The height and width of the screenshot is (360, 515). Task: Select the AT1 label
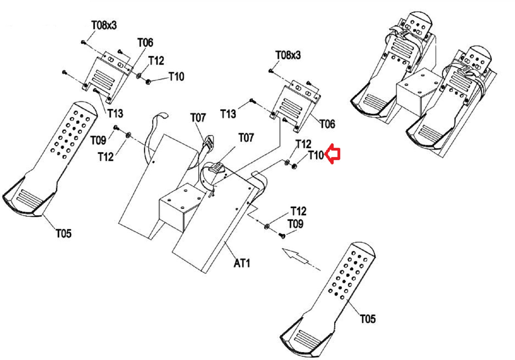[x=242, y=263]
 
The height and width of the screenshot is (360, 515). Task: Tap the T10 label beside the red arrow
[x=316, y=155]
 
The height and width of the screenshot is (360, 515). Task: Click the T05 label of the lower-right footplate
[x=368, y=319]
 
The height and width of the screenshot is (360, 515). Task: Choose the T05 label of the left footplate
[x=64, y=233]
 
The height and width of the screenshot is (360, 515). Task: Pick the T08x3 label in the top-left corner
[x=104, y=25]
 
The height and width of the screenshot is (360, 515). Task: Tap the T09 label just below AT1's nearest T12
[x=295, y=224]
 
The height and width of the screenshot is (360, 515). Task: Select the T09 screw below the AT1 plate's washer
[x=282, y=235]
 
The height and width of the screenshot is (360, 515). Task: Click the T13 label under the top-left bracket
[x=115, y=113]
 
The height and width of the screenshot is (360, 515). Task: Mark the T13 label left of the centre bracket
[x=228, y=114]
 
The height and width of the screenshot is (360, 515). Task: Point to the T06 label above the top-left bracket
[x=145, y=43]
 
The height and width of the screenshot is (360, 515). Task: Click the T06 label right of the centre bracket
[x=327, y=124]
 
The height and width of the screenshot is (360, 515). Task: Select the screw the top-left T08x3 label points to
[x=83, y=42]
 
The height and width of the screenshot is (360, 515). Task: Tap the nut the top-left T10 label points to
[x=148, y=81]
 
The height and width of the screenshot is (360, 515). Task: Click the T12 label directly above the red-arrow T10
[x=303, y=144]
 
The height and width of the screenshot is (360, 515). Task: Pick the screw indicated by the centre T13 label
[x=252, y=101]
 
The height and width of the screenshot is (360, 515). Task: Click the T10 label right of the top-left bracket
[x=176, y=77]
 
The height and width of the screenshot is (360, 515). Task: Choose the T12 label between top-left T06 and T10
[x=156, y=61]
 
